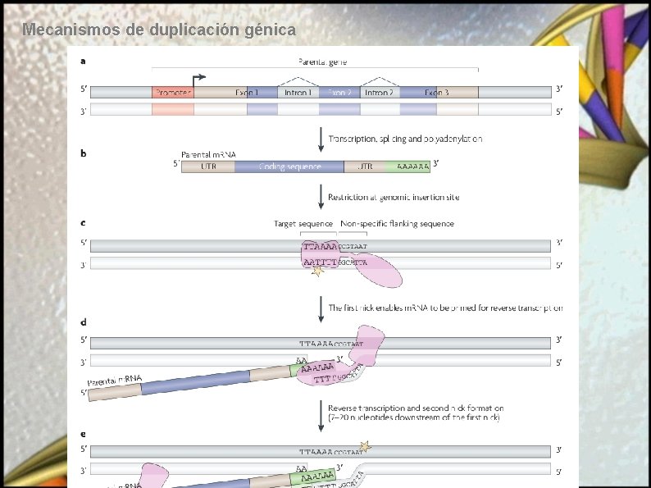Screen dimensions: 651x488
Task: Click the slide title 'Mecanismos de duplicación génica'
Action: (159, 30)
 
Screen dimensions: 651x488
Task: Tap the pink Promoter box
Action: (172, 93)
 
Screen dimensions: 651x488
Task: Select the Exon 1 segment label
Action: (247, 93)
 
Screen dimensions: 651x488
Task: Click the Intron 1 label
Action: (298, 93)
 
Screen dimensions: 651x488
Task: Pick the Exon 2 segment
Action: (339, 93)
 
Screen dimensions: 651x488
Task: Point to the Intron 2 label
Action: (378, 93)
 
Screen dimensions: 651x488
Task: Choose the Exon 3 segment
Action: (437, 93)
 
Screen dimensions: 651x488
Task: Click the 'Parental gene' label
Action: (323, 60)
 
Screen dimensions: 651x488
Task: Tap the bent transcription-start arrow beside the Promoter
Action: (198, 79)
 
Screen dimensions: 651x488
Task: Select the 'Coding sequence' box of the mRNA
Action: (289, 166)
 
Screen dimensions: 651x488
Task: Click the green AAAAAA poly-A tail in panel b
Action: (412, 166)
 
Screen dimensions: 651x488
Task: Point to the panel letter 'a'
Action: (82, 60)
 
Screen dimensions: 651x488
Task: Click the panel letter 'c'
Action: (82, 222)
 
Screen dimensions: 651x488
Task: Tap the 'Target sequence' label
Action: (303, 223)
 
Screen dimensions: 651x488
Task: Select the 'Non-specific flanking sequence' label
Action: (397, 223)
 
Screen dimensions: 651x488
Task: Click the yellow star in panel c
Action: (317, 271)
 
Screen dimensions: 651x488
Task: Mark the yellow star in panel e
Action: (366, 447)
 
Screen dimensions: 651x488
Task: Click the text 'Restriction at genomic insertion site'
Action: (394, 197)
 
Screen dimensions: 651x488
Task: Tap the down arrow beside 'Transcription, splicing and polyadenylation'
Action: (321, 139)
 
